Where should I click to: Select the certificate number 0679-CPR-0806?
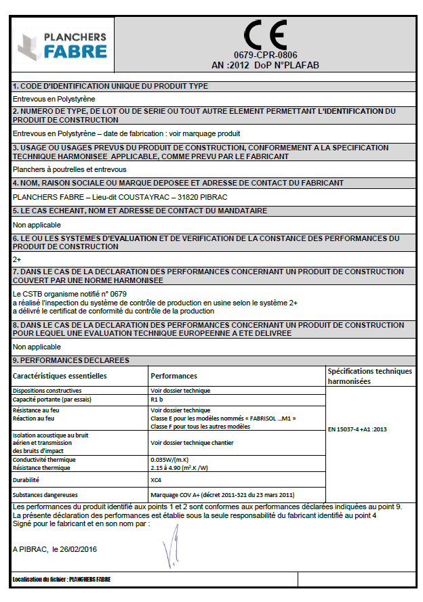266,55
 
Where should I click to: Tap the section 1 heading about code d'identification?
110,86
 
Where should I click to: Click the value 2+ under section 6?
17,258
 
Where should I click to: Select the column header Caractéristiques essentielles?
60,376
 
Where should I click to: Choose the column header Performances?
174,376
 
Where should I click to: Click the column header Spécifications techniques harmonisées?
369,377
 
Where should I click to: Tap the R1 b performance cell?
157,400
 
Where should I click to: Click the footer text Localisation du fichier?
61,580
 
